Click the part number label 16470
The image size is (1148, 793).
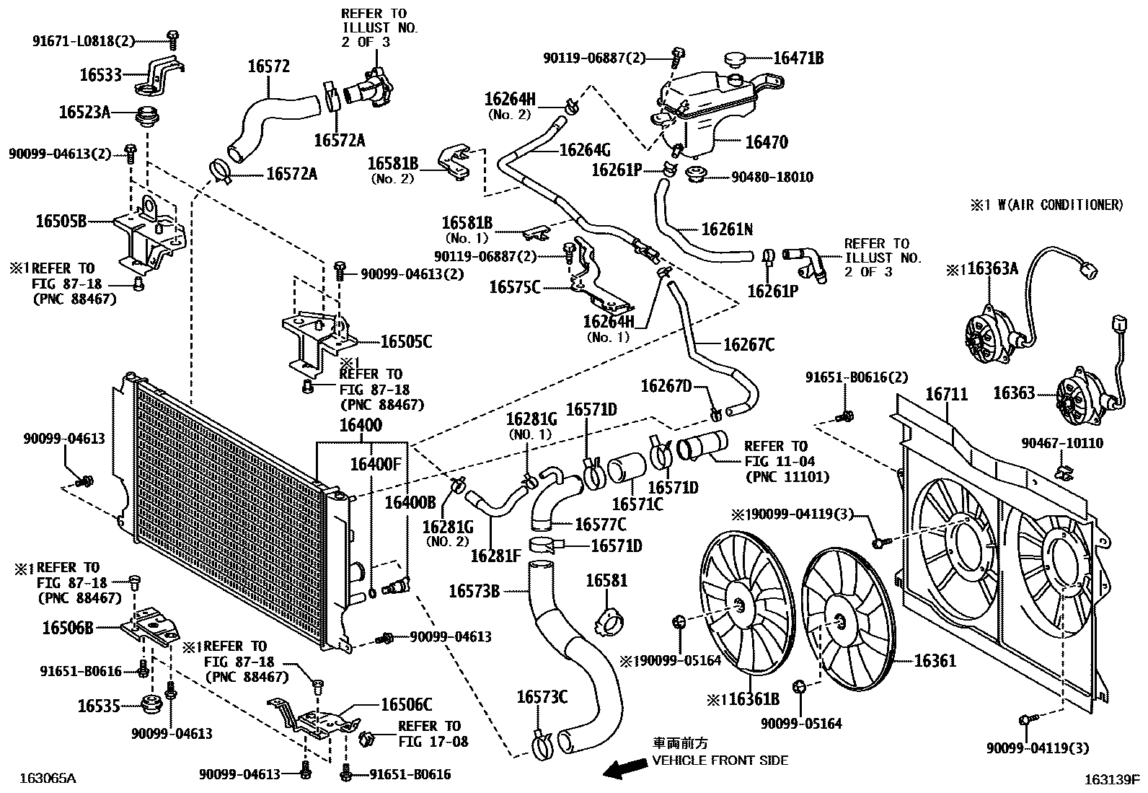pyautogui.click(x=767, y=142)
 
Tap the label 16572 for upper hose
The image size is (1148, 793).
pyautogui.click(x=268, y=66)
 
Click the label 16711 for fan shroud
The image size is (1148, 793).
pyautogui.click(x=947, y=395)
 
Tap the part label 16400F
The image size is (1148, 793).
pyautogui.click(x=375, y=464)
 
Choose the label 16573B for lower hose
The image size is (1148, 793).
pyautogui.click(x=474, y=592)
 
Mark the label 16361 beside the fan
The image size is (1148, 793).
pyautogui.click(x=935, y=660)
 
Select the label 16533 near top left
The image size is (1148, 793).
pyautogui.click(x=101, y=74)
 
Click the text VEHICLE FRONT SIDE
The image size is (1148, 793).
pyautogui.click(x=720, y=760)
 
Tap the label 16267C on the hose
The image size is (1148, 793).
pyautogui.click(x=749, y=345)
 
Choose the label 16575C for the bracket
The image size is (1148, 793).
pyautogui.click(x=514, y=287)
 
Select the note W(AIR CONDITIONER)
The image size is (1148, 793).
pyautogui.click(x=1054, y=205)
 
